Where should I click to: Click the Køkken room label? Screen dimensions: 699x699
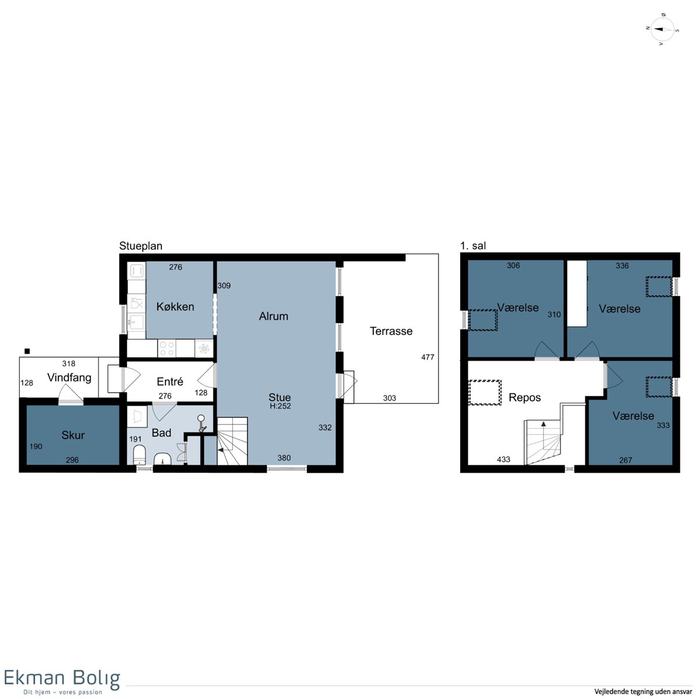(175, 307)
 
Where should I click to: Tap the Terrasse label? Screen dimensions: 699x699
(391, 331)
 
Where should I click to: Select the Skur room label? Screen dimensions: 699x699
(73, 435)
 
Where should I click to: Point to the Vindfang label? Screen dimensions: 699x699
(69, 378)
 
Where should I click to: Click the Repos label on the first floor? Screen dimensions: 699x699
(524, 398)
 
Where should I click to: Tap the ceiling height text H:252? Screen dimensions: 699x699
(280, 406)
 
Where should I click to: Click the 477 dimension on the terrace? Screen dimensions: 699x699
(428, 357)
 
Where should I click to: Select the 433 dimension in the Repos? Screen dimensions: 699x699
(503, 460)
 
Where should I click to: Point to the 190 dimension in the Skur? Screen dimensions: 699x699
(36, 447)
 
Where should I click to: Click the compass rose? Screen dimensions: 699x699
(662, 29)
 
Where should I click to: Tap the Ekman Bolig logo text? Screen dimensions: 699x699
(62, 678)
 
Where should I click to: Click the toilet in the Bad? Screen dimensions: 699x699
(139, 455)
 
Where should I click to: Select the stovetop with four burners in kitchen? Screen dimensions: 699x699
(167, 348)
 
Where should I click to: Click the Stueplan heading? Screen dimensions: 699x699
(140, 246)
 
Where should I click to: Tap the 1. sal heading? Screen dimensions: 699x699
(472, 246)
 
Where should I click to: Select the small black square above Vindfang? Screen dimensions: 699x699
(27, 351)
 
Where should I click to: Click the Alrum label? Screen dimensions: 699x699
(274, 316)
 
